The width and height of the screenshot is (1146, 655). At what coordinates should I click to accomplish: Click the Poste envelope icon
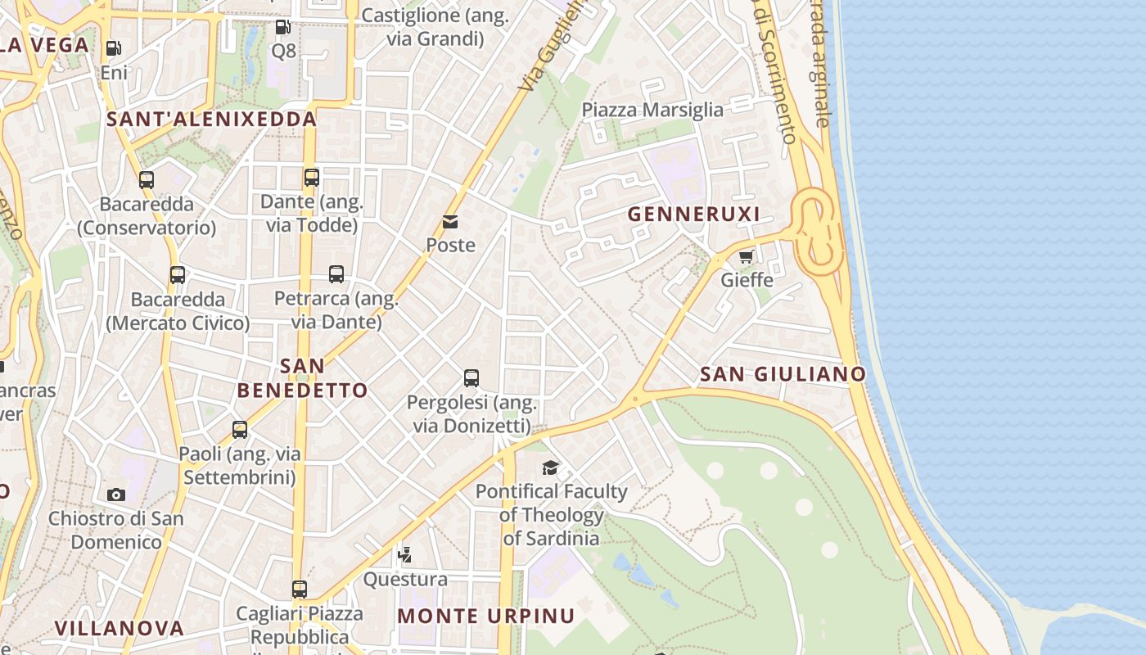click(450, 221)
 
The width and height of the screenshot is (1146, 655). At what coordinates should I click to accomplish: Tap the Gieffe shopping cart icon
click(746, 256)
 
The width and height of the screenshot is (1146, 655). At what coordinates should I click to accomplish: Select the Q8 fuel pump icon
click(282, 27)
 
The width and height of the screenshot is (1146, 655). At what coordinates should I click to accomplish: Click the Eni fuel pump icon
click(114, 48)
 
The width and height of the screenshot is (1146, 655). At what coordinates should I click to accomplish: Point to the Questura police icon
click(404, 556)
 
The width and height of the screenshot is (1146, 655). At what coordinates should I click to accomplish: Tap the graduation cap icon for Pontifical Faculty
click(551, 468)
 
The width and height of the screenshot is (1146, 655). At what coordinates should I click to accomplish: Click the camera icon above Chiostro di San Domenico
click(116, 495)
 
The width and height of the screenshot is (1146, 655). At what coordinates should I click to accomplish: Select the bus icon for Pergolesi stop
click(471, 377)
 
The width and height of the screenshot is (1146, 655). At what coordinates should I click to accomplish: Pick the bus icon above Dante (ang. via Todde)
click(311, 177)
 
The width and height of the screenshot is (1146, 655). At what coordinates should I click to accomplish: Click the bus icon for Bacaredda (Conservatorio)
click(147, 179)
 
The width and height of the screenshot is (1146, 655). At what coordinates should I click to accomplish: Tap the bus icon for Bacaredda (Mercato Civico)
click(178, 275)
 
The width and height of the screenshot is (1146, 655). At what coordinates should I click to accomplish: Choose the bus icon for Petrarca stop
click(336, 274)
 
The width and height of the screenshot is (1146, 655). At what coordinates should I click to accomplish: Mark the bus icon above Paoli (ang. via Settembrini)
click(240, 429)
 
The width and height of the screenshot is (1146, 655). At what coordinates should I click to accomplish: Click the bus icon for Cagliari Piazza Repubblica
click(300, 589)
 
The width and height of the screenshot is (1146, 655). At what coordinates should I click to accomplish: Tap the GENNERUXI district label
click(694, 215)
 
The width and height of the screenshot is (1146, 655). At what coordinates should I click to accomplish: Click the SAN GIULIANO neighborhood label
click(783, 374)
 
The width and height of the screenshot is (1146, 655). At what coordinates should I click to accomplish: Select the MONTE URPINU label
click(486, 616)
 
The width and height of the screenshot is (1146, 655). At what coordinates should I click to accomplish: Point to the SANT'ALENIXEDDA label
click(211, 120)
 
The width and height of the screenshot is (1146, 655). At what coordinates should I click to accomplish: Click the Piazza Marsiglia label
click(652, 110)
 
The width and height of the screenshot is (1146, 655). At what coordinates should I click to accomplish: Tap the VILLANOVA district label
click(119, 628)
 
